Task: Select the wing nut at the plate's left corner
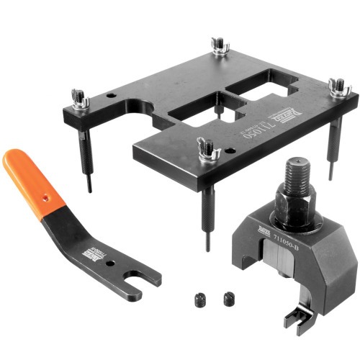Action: (x=80, y=100)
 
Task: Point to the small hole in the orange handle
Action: (x=44, y=195)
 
